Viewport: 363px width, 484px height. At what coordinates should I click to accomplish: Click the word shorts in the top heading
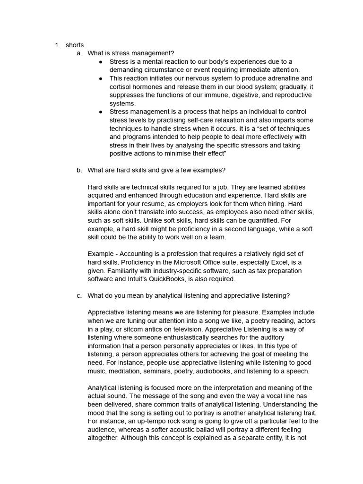75,45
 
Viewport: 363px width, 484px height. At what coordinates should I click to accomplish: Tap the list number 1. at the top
57,45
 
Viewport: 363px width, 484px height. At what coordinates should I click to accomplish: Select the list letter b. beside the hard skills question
79,170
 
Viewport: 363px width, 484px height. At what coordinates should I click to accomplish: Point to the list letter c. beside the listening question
79,295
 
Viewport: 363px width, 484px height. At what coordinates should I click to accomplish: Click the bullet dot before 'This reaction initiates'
101,78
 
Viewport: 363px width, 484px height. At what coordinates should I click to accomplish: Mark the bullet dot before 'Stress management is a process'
101,112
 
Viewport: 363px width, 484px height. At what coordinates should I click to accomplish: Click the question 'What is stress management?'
131,53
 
